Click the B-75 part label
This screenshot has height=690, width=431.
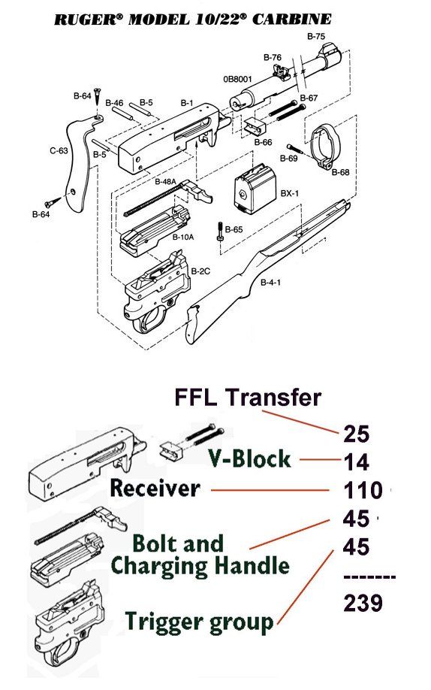pyautogui.click(x=317, y=36)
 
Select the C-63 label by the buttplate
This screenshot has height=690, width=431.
pyautogui.click(x=59, y=150)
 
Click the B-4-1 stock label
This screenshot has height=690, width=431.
pyautogui.click(x=271, y=283)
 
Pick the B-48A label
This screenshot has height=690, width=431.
pyautogui.click(x=165, y=182)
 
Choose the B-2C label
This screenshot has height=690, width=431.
pyautogui.click(x=200, y=270)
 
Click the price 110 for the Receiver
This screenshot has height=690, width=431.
pyautogui.click(x=363, y=492)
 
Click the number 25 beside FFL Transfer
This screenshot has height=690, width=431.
pyautogui.click(x=357, y=433)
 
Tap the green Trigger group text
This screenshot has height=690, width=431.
pyautogui.click(x=199, y=622)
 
